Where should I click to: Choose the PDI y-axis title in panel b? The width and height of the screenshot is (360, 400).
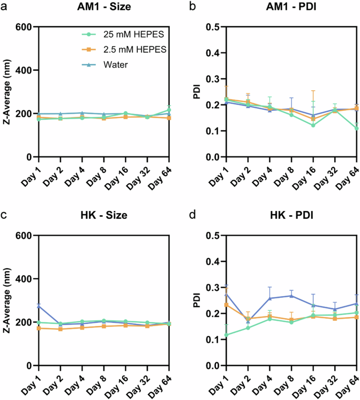pyautogui.click(x=199, y=91)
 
